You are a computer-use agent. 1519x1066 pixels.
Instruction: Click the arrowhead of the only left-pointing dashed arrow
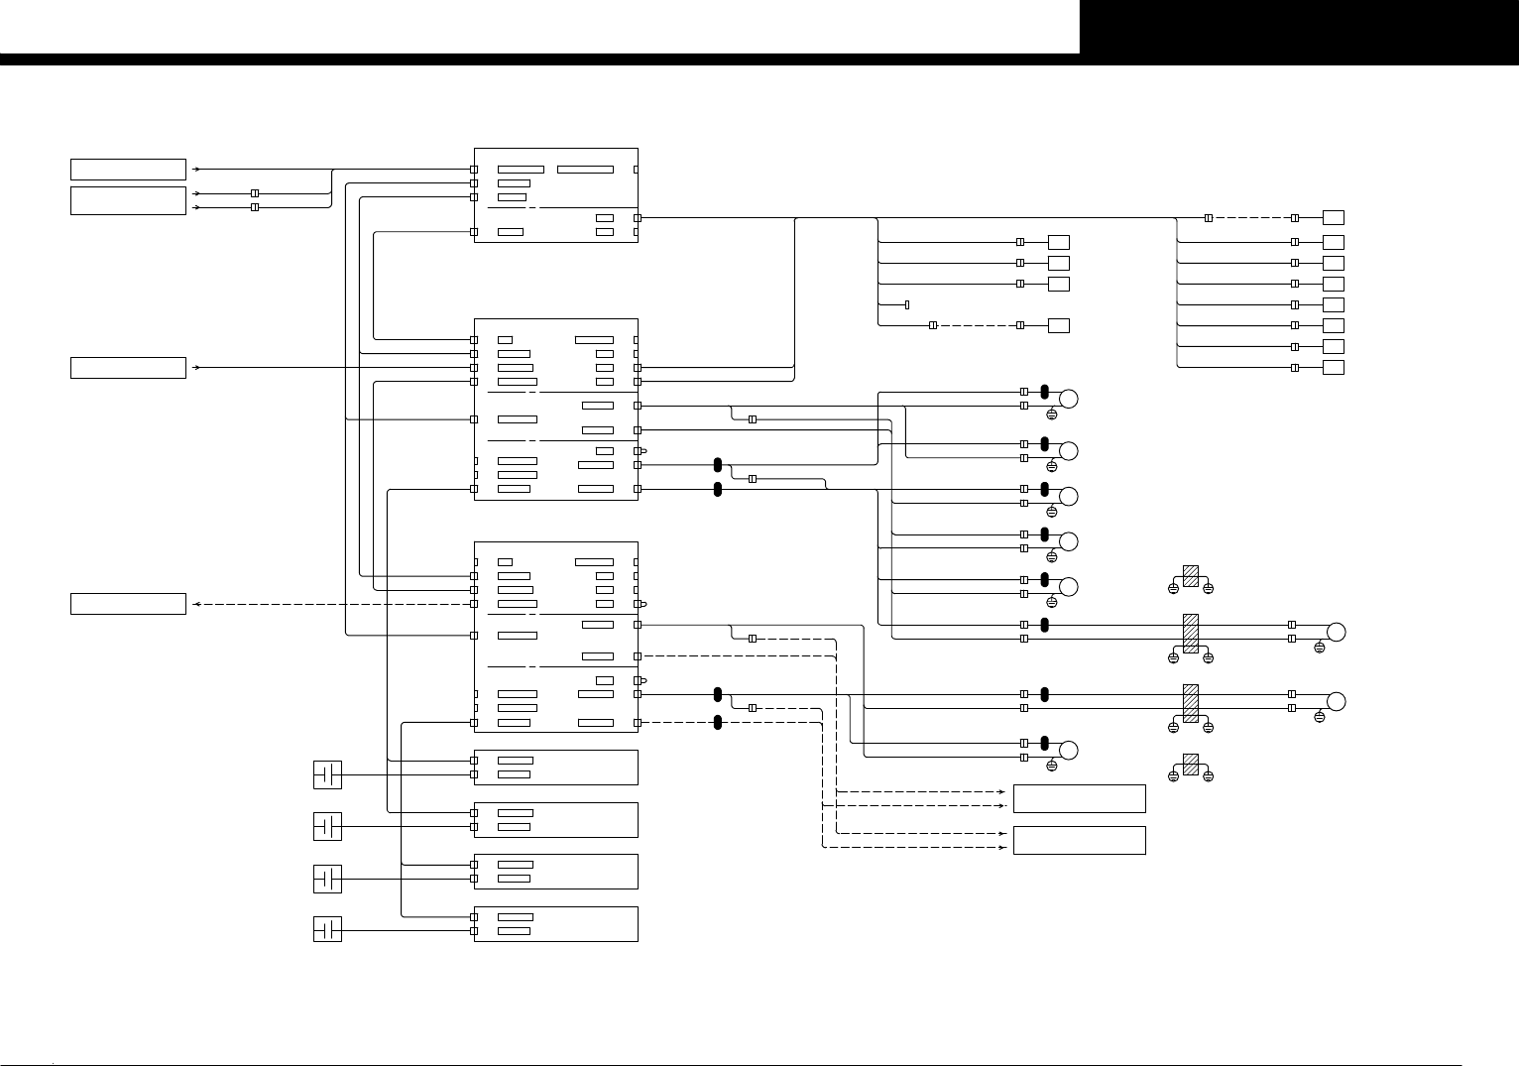[x=195, y=604]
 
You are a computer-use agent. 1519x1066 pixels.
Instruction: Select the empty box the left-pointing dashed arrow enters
[x=128, y=604]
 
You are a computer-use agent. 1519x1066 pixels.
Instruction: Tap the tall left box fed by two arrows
[x=128, y=200]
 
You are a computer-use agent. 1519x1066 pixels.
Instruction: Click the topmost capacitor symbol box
[x=327, y=774]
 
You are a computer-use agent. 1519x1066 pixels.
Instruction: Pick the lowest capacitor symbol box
[x=327, y=930]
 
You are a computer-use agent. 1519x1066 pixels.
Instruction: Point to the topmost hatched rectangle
[x=1191, y=576]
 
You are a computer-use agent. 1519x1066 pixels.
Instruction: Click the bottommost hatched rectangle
[x=1191, y=764]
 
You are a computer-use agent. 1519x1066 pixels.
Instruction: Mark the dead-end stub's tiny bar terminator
[x=907, y=304]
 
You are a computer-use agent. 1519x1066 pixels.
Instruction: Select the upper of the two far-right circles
[x=1336, y=632]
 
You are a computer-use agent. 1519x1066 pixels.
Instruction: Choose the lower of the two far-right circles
[x=1336, y=701]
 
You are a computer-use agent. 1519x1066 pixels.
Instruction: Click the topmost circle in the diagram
[x=1069, y=399]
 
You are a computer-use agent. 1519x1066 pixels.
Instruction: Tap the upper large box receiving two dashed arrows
[x=1080, y=798]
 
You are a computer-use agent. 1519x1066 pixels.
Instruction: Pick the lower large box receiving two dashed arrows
[x=1080, y=840]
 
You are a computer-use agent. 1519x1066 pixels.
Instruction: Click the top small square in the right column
[x=1334, y=217]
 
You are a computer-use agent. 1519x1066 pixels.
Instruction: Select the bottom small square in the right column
[x=1334, y=368]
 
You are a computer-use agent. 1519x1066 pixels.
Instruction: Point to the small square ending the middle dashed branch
[x=1059, y=325]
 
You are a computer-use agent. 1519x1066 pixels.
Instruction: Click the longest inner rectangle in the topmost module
[x=585, y=170]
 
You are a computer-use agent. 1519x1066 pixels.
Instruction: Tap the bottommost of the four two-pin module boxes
[x=555, y=923]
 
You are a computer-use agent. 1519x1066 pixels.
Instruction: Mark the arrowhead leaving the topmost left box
[x=196, y=170]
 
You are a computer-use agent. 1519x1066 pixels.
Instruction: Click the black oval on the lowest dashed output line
[x=717, y=722]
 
